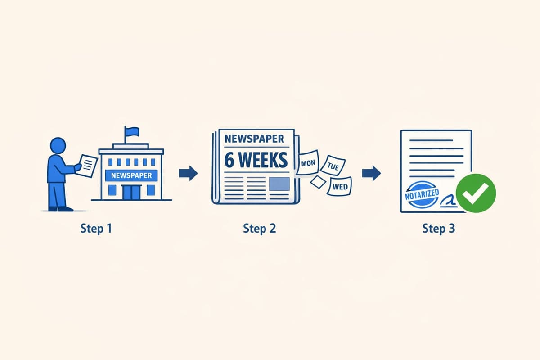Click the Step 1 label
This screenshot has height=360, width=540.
96,228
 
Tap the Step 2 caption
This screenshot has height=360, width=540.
260,228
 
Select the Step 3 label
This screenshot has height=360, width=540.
439,228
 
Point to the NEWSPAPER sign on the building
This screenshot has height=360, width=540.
131,175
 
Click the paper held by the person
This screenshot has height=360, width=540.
88,165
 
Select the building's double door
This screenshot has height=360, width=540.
131,192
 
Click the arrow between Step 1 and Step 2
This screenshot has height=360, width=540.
188,173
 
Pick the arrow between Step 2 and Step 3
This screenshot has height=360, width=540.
371,173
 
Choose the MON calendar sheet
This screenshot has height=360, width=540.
308,162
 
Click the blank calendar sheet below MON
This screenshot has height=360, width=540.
318,181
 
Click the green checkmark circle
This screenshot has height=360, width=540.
476,194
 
